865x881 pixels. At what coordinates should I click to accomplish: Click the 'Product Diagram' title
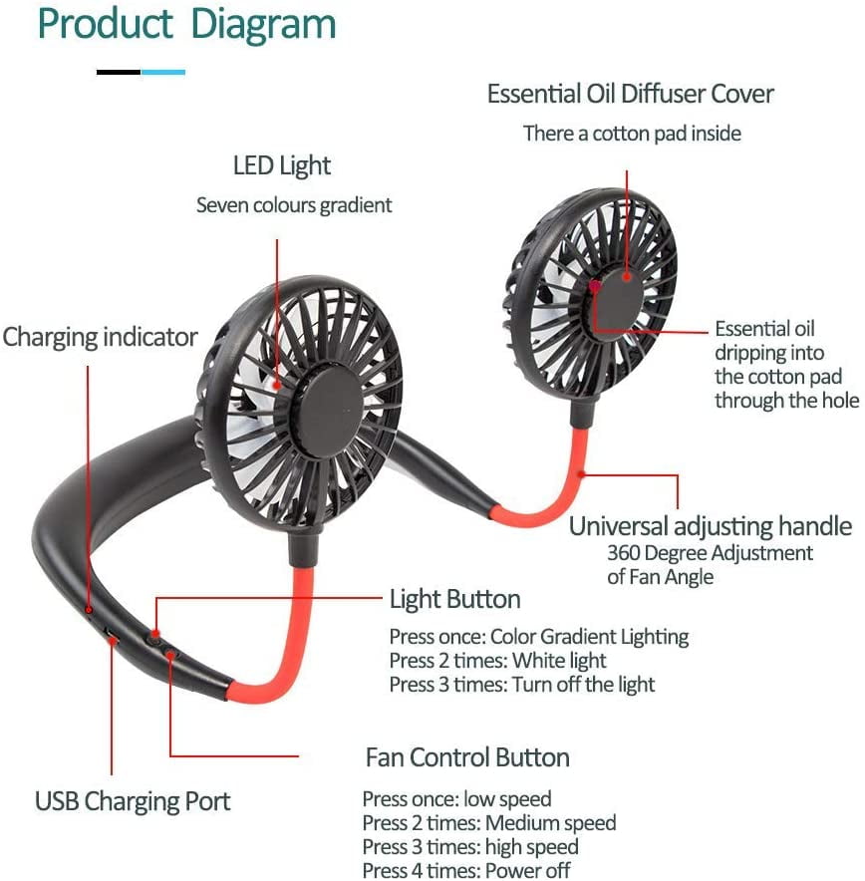[186, 25]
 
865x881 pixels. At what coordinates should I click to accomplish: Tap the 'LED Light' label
[281, 166]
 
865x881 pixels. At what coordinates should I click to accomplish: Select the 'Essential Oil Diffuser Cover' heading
[630, 94]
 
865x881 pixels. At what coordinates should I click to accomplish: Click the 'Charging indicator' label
[100, 337]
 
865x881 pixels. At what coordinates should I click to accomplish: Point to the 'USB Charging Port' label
[133, 801]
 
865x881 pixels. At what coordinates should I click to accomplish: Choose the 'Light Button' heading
[455, 599]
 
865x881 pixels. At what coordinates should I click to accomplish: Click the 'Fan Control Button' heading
[467, 757]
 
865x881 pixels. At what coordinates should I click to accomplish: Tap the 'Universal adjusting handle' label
[711, 527]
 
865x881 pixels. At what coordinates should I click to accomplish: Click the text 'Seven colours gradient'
[294, 205]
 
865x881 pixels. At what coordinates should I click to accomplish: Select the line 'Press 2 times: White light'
[497, 660]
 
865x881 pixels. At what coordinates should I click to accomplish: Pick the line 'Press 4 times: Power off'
[466, 870]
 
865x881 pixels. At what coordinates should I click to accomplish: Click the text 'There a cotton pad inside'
[632, 134]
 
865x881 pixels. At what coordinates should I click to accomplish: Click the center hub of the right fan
[620, 299]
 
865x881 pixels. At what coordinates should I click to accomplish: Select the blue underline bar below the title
[162, 72]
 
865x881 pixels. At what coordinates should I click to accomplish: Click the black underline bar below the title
[119, 72]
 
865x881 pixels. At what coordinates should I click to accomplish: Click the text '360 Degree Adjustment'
[710, 553]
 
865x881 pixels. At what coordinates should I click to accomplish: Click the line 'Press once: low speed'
[456, 799]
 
